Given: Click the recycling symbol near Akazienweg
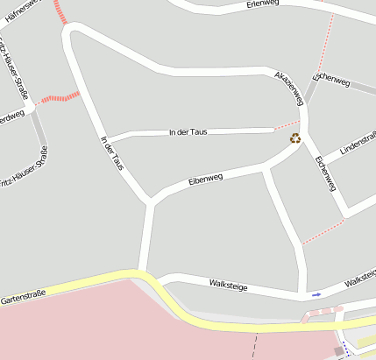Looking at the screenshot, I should [x=295, y=138].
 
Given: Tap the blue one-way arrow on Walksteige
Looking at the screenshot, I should [x=316, y=294].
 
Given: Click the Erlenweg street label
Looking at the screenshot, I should [x=262, y=4].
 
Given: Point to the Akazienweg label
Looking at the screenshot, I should [x=288, y=84].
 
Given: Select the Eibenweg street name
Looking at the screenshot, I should [x=206, y=180].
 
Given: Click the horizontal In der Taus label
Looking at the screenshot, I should [x=188, y=132].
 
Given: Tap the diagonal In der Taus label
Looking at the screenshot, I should [x=111, y=152].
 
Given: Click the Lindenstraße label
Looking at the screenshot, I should [x=358, y=144].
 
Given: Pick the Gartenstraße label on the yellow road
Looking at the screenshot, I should [x=23, y=299].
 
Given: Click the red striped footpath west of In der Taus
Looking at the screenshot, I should [x=59, y=96].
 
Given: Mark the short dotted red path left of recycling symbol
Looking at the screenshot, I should [x=286, y=124].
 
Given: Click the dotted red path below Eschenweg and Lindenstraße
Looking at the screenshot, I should [x=323, y=232].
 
